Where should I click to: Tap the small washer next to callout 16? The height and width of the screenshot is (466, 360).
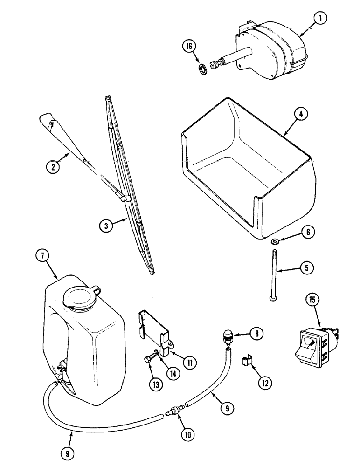202,69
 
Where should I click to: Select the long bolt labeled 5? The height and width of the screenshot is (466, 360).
271,275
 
